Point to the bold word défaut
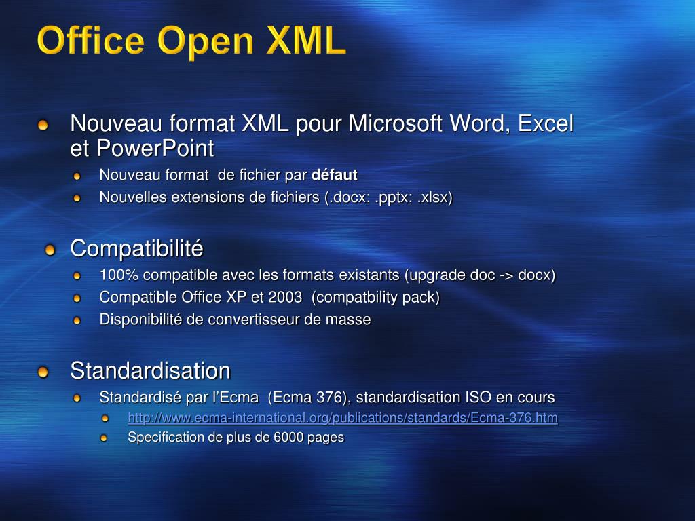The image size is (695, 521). coord(334,175)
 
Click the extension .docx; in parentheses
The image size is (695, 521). coord(349,197)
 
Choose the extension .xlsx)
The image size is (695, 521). coord(434,197)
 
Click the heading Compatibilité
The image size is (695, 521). coord(136,249)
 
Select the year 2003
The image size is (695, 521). coord(284,297)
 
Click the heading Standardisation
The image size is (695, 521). coord(150,371)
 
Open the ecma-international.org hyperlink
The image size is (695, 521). coord(343,418)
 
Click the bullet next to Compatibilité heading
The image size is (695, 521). coord(50,251)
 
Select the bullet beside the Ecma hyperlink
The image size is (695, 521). coord(105,419)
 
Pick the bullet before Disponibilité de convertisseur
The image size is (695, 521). coord(77,320)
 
